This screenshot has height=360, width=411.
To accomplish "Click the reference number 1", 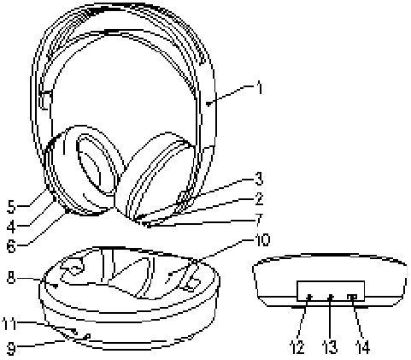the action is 259,87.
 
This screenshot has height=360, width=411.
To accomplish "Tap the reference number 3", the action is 259,179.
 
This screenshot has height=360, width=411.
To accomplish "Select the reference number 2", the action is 259,199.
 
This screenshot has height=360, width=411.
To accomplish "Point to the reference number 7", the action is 259,220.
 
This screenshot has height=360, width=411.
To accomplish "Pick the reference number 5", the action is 12,206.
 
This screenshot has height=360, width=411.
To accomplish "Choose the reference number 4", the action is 12,227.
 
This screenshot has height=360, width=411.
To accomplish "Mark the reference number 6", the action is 12,246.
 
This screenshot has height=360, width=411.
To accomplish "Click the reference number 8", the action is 11,277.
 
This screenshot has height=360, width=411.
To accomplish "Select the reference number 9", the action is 11,348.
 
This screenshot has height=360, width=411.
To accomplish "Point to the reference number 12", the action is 297,347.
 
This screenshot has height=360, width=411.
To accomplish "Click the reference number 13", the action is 330,347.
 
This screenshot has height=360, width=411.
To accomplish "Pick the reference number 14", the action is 363,347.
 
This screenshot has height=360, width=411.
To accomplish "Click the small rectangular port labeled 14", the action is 352,297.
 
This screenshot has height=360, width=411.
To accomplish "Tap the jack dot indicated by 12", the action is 309,298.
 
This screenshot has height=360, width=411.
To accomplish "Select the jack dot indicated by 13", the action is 331,298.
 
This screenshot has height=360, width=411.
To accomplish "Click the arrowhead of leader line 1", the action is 208,103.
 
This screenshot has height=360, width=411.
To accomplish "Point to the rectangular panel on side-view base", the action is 331,291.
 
